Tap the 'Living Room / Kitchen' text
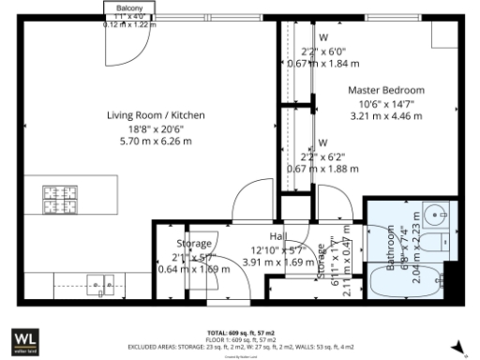[x=155, y=116]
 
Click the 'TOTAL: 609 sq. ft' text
[x=239, y=333]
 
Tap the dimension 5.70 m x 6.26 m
[x=155, y=142]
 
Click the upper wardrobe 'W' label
[x=322, y=37]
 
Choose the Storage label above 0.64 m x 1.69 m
[x=194, y=244]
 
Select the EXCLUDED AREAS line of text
[x=239, y=345]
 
